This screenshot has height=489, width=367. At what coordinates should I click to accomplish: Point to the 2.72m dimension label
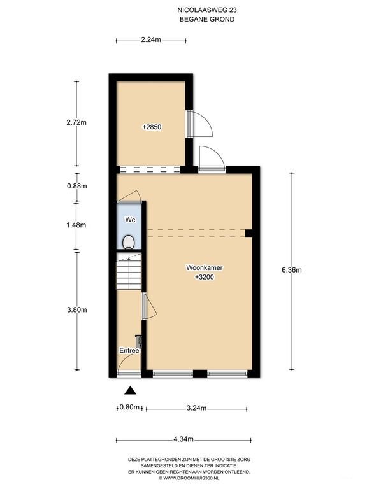pos(76,124)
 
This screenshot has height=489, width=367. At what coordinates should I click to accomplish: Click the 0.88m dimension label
pos(76,186)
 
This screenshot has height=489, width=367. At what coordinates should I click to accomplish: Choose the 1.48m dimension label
pos(76,225)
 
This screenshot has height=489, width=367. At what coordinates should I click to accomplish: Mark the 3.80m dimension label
pos(76,310)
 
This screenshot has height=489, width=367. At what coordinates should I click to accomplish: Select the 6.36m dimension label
pos(291,269)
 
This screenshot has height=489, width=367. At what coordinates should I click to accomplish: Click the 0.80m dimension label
pos(129,407)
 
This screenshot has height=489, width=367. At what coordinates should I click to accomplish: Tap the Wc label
pos(129,220)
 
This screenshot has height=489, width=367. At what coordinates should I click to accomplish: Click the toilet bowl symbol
pos(129,241)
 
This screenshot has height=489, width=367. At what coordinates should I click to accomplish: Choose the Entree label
pos(129,350)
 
